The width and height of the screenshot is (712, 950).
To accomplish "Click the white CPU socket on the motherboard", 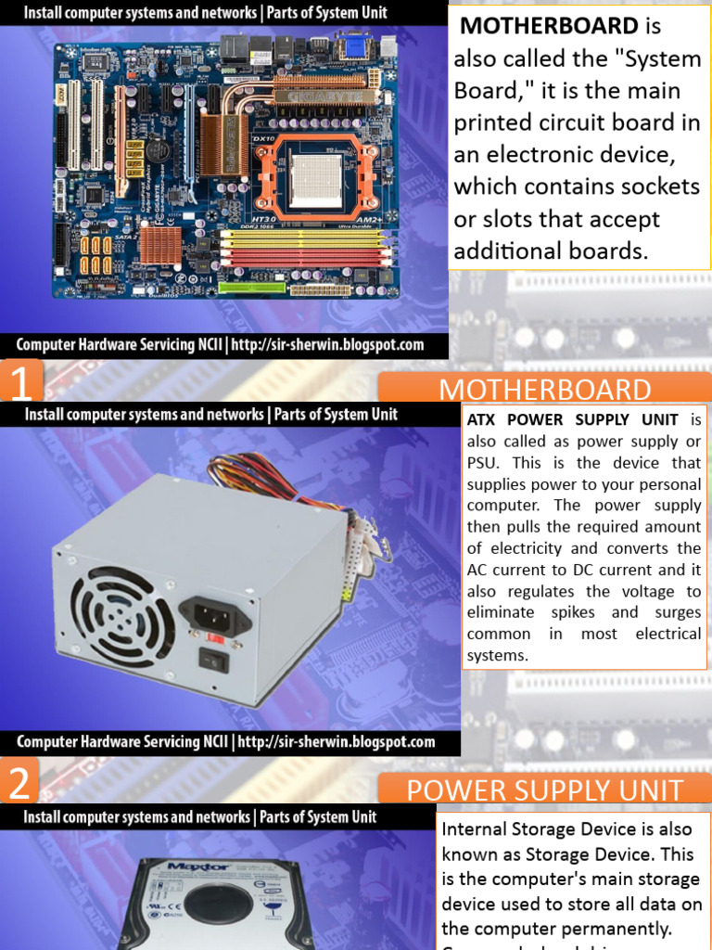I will [316, 174].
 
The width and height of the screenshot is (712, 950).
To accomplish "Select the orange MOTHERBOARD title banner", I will [544, 390].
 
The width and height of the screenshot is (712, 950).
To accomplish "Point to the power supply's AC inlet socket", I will [213, 614].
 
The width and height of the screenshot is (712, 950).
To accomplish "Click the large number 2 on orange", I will [19, 784].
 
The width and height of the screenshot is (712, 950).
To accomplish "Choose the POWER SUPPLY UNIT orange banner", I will [544, 790].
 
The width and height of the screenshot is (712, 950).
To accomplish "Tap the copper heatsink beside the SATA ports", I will [160, 244].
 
